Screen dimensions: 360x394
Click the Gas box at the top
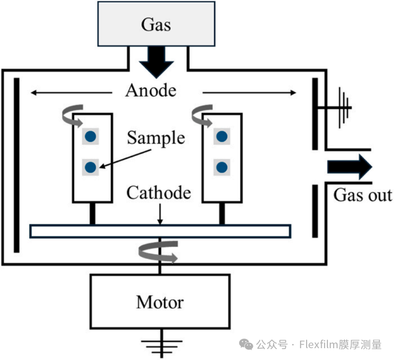pyautogui.click(x=156, y=24)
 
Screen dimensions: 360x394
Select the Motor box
pyautogui.click(x=160, y=302)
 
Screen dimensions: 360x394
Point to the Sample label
pyautogui.click(x=155, y=138)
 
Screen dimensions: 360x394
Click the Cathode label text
pyautogui.click(x=159, y=193)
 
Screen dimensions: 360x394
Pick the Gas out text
pyautogui.click(x=362, y=195)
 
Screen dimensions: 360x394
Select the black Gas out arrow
pyautogui.click(x=350, y=167)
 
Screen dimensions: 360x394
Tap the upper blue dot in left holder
pyautogui.click(x=91, y=137)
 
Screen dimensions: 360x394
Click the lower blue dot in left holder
pyautogui.click(x=91, y=166)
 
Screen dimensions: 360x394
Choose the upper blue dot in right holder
pyautogui.click(x=221, y=137)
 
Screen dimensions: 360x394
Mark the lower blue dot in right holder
pyautogui.click(x=221, y=167)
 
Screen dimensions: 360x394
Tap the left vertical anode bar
pyautogui.click(x=17, y=165)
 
